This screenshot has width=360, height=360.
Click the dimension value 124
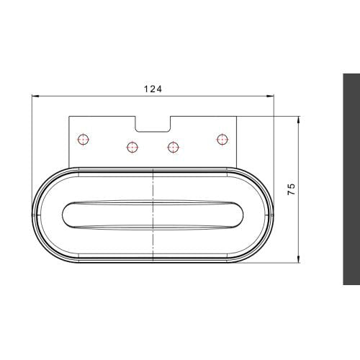click(153, 89)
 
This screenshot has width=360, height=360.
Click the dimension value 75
click(291, 189)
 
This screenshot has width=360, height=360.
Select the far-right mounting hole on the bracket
click(222, 138)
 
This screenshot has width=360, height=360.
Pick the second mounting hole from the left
click(132, 147)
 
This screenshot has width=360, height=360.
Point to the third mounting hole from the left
click(173, 147)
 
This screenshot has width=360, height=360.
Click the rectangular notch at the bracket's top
click(153, 124)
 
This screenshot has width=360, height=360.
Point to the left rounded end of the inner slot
click(66, 215)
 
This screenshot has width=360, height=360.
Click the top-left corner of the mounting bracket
click(69, 116)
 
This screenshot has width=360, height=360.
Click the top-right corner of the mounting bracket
click(237, 116)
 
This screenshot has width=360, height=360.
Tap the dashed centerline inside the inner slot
click(154, 215)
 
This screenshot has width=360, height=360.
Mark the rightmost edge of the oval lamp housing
click(274, 214)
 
